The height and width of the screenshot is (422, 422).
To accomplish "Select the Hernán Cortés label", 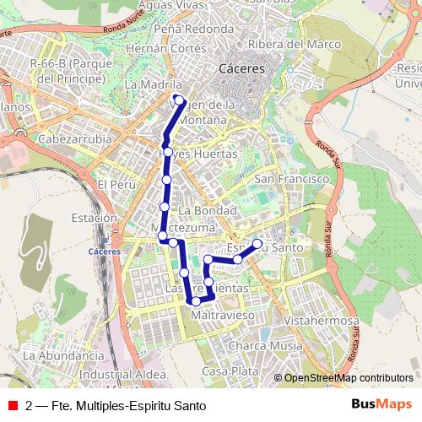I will (x=165, y=49).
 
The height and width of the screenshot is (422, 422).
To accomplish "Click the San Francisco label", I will (x=291, y=180).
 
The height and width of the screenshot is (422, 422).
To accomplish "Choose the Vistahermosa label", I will (x=322, y=322).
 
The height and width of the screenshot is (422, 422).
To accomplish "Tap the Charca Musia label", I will (x=265, y=345).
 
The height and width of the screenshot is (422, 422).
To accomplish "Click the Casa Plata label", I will (x=230, y=371).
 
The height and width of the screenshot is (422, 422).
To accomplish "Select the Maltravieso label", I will (x=224, y=315).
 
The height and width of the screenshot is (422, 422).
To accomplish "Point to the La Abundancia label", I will (x=63, y=355).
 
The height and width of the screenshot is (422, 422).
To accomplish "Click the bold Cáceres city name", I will (x=241, y=68).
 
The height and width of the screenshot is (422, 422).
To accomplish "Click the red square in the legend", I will (x=13, y=405).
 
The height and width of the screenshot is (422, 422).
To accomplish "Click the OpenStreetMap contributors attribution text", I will (x=349, y=378).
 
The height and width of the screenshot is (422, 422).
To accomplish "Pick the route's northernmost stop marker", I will (x=179, y=100).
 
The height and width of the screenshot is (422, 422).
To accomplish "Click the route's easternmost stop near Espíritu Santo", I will (x=257, y=245).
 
